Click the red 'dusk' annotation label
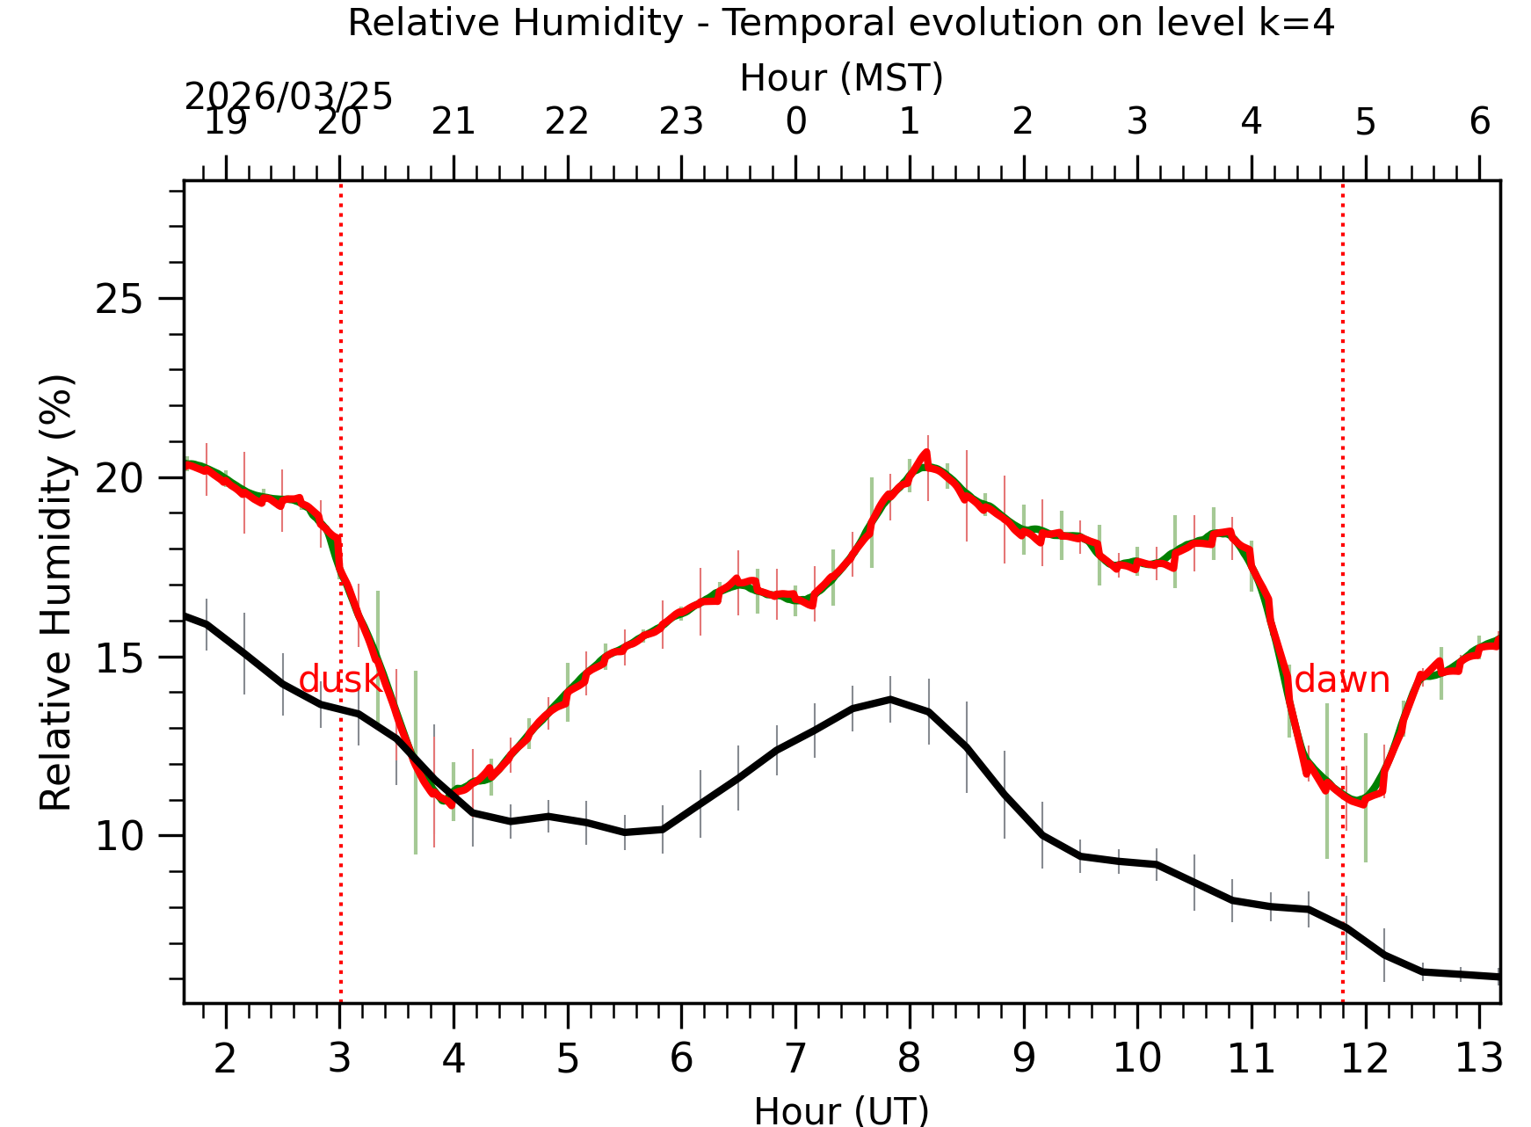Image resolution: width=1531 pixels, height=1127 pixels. click(340, 680)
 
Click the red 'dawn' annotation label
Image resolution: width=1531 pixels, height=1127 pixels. click(1342, 680)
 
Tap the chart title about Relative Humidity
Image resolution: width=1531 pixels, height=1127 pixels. click(841, 23)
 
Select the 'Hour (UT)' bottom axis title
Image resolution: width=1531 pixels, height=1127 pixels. click(841, 1110)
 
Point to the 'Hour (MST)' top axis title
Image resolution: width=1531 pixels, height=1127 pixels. click(841, 78)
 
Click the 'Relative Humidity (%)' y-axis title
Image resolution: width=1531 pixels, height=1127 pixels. click(56, 592)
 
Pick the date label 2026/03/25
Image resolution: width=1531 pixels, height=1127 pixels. click(288, 97)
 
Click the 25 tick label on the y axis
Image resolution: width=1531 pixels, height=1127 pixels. click(119, 300)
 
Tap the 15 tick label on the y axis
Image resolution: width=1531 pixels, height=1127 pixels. click(119, 658)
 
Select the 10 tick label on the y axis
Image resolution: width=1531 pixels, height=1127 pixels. click(119, 837)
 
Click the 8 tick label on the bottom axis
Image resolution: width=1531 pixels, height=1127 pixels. click(910, 1058)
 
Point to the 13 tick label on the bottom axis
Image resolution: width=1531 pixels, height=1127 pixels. click(1479, 1058)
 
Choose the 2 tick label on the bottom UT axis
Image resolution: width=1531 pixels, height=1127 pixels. click(226, 1058)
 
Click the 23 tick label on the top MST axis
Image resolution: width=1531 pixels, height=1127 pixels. click(681, 121)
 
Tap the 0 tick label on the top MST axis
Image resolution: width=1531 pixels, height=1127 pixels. click(795, 121)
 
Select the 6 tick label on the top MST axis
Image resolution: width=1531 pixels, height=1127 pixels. click(1480, 121)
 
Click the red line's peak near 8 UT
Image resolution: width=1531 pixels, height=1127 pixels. click(925, 453)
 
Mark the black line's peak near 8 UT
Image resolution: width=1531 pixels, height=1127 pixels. click(890, 699)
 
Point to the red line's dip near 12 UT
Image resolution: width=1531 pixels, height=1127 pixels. click(1361, 803)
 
